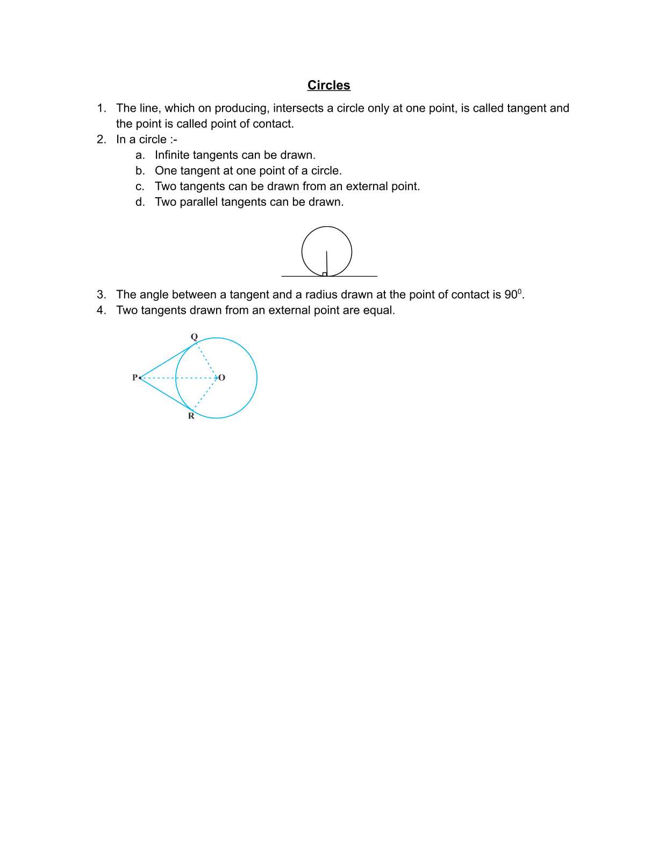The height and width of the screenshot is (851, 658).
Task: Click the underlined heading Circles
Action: [x=328, y=85]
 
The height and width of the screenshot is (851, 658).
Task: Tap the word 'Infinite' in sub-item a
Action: [x=172, y=155]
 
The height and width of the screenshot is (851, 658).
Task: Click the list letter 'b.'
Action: [x=140, y=171]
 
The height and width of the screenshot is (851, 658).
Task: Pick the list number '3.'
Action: [x=102, y=294]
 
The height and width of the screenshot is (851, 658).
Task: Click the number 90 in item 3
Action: [x=510, y=294]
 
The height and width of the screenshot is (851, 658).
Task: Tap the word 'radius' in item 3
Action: [x=321, y=294]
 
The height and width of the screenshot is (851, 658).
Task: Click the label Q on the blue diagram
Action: [x=194, y=337]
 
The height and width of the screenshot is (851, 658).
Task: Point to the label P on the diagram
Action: [x=135, y=378]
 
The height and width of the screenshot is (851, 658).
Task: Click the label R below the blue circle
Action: [x=191, y=416]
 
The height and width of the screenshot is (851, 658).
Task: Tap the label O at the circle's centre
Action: [x=222, y=378]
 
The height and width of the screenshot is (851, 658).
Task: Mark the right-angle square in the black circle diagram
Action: [x=325, y=274]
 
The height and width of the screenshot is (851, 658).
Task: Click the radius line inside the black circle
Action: [x=326, y=262]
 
